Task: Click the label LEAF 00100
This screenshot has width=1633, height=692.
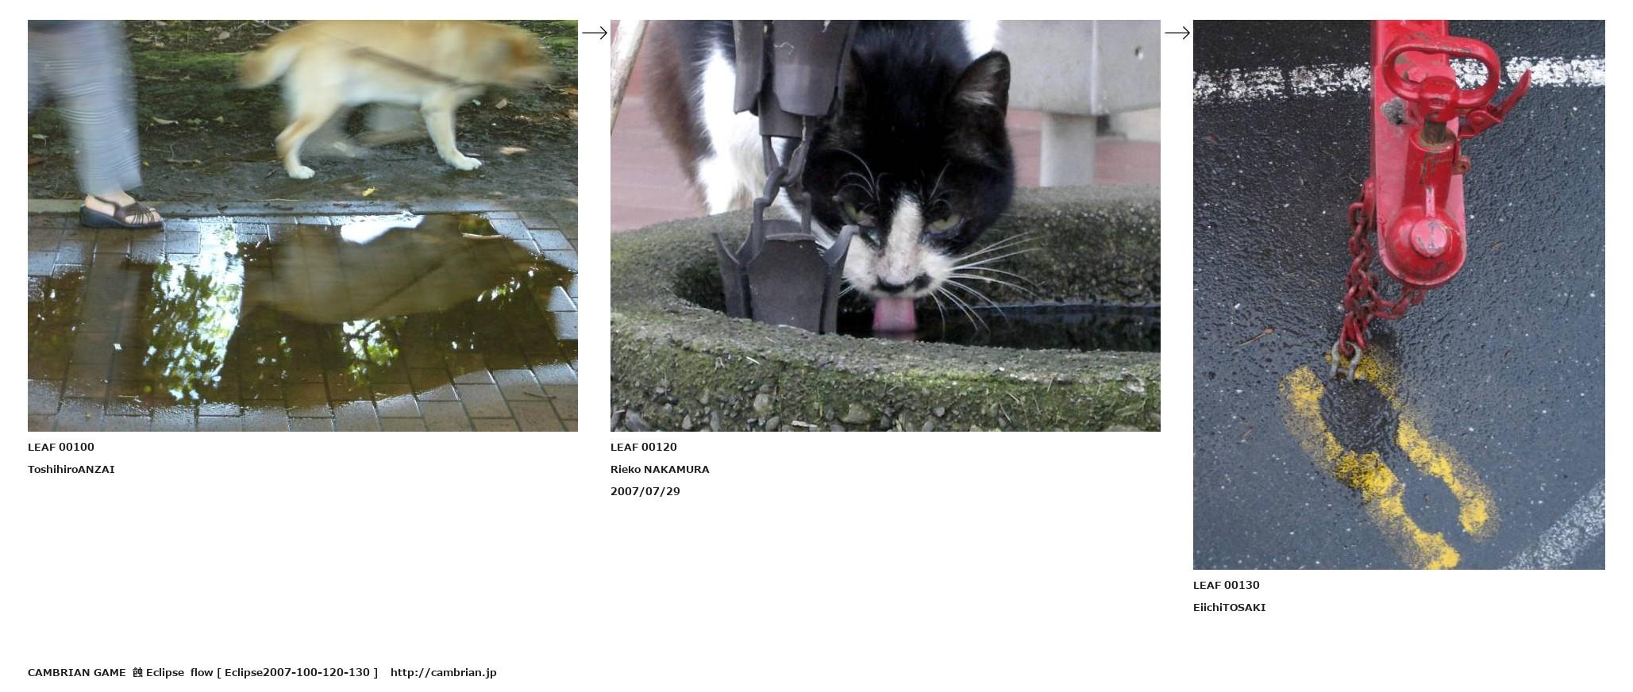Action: click(x=61, y=447)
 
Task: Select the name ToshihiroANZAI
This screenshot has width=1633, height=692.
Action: click(x=71, y=469)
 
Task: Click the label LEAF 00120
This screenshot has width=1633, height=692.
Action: click(x=644, y=447)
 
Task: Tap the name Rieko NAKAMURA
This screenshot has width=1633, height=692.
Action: click(x=660, y=469)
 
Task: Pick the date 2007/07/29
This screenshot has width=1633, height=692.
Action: click(x=645, y=491)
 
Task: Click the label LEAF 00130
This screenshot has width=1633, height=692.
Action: click(x=1227, y=585)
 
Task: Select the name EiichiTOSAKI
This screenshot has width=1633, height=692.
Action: click(x=1230, y=607)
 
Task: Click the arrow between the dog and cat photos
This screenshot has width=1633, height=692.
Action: click(x=595, y=33)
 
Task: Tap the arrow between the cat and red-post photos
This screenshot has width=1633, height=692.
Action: click(x=1177, y=33)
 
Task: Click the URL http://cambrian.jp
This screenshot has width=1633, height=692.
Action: click(x=444, y=672)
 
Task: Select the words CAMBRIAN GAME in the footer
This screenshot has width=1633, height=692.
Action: click(x=77, y=672)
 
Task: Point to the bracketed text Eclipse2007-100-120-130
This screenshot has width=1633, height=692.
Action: click(x=297, y=672)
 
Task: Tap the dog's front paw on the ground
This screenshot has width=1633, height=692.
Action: click(x=301, y=171)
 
